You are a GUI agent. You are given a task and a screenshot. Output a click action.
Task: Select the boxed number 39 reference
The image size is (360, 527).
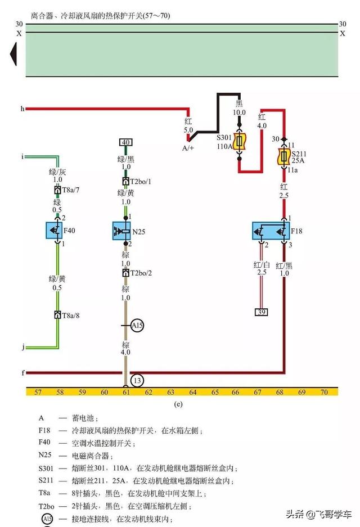pos(261,312)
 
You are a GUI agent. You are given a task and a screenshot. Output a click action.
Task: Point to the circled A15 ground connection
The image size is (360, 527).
pos(137,326)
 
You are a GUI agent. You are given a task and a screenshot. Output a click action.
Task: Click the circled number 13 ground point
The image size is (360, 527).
pos(137,381)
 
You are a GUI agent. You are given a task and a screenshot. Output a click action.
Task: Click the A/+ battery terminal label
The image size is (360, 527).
pos(188,148)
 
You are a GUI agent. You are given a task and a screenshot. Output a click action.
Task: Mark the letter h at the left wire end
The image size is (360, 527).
pos(22,108)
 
